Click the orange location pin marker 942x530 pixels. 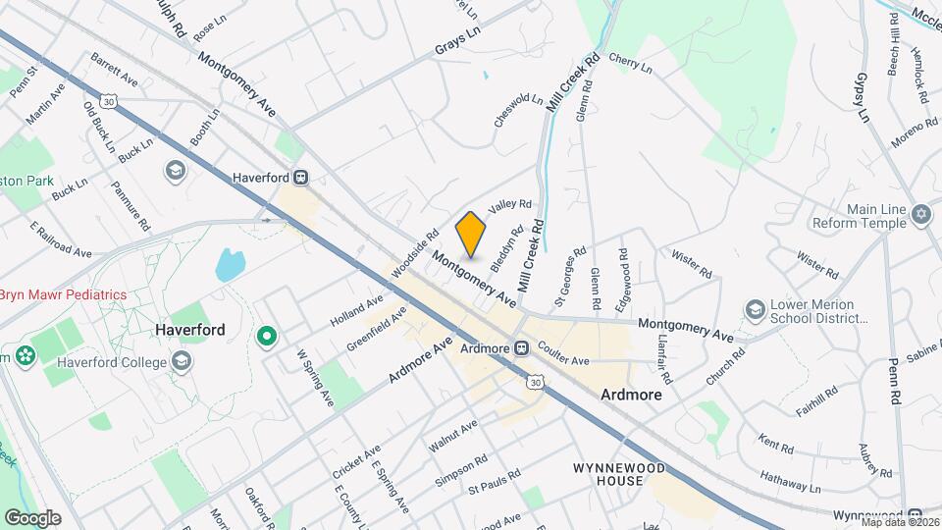[471, 234]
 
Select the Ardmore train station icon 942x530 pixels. [522, 348]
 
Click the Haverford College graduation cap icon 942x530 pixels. [181, 362]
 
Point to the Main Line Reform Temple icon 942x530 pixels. [919, 214]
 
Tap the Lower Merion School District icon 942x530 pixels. [755, 310]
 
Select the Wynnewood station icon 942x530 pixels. [914, 515]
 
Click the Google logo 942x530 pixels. [32, 517]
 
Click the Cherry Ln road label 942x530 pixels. [630, 64]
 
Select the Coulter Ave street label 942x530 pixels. [563, 360]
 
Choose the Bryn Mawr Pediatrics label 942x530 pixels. [64, 294]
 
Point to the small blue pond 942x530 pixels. [230, 264]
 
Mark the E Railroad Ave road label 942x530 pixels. [61, 239]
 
